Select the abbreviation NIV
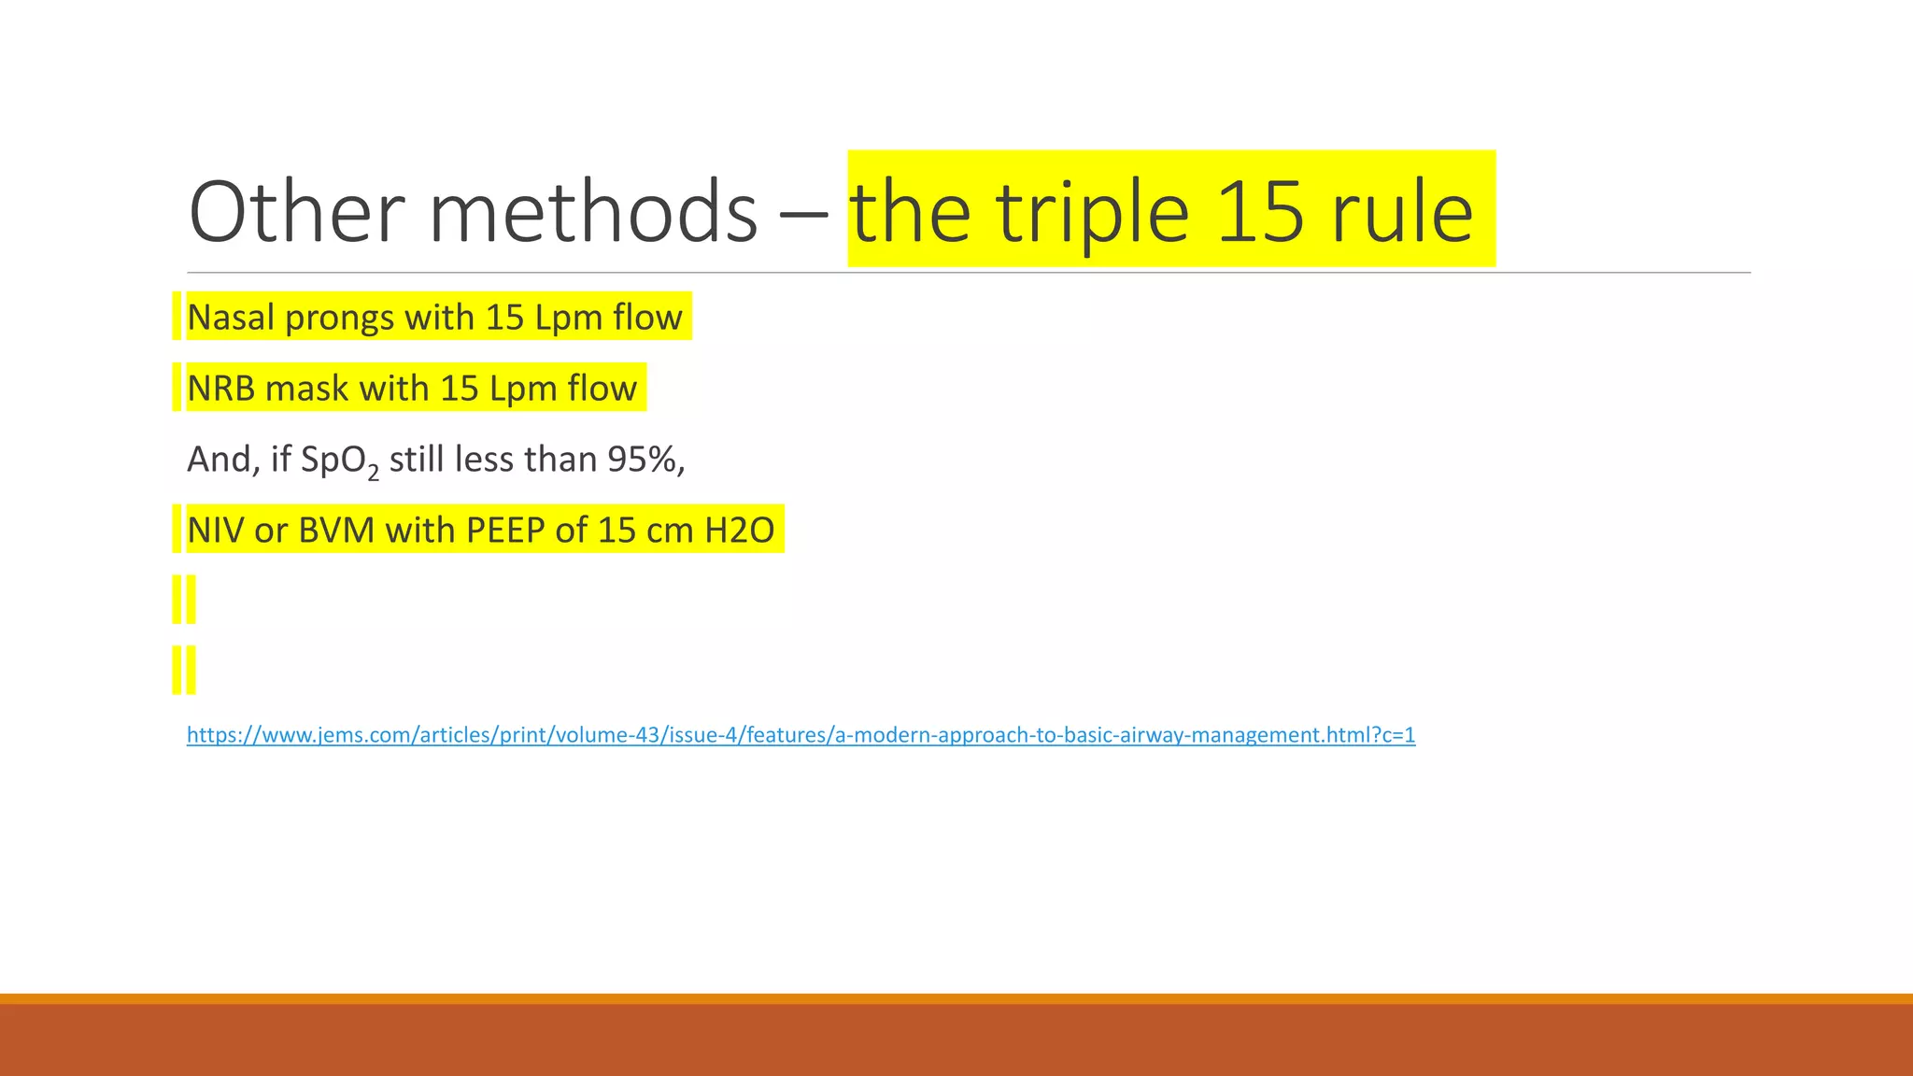[215, 531]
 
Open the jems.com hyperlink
[801, 735]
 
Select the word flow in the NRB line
[602, 389]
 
